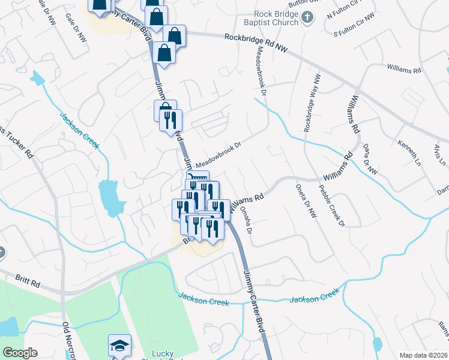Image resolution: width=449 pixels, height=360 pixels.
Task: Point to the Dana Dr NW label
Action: [370, 159]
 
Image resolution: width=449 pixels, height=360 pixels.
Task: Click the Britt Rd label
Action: [28, 280]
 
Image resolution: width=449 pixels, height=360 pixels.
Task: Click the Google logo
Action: [20, 353]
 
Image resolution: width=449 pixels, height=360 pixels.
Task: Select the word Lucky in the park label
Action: [163, 353]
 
